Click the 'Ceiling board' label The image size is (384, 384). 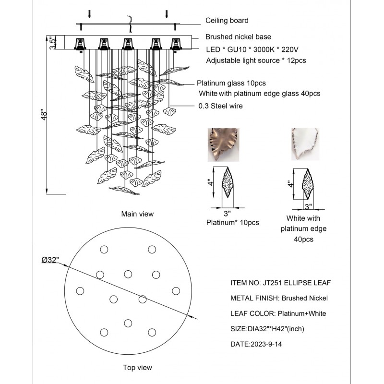coord(227,21)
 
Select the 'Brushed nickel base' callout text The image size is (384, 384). coord(238,37)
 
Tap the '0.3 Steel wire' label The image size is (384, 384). coord(220,106)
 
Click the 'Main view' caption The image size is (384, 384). coord(137,214)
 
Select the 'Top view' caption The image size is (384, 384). coord(137,368)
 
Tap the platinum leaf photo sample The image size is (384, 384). coord(223,144)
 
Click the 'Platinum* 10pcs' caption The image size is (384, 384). coord(233,223)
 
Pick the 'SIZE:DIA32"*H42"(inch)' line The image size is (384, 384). coord(267,329)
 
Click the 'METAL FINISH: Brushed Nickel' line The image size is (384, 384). coord(279,298)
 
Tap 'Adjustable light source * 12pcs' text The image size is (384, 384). coord(256,60)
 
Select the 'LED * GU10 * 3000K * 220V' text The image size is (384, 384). coord(251,49)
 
